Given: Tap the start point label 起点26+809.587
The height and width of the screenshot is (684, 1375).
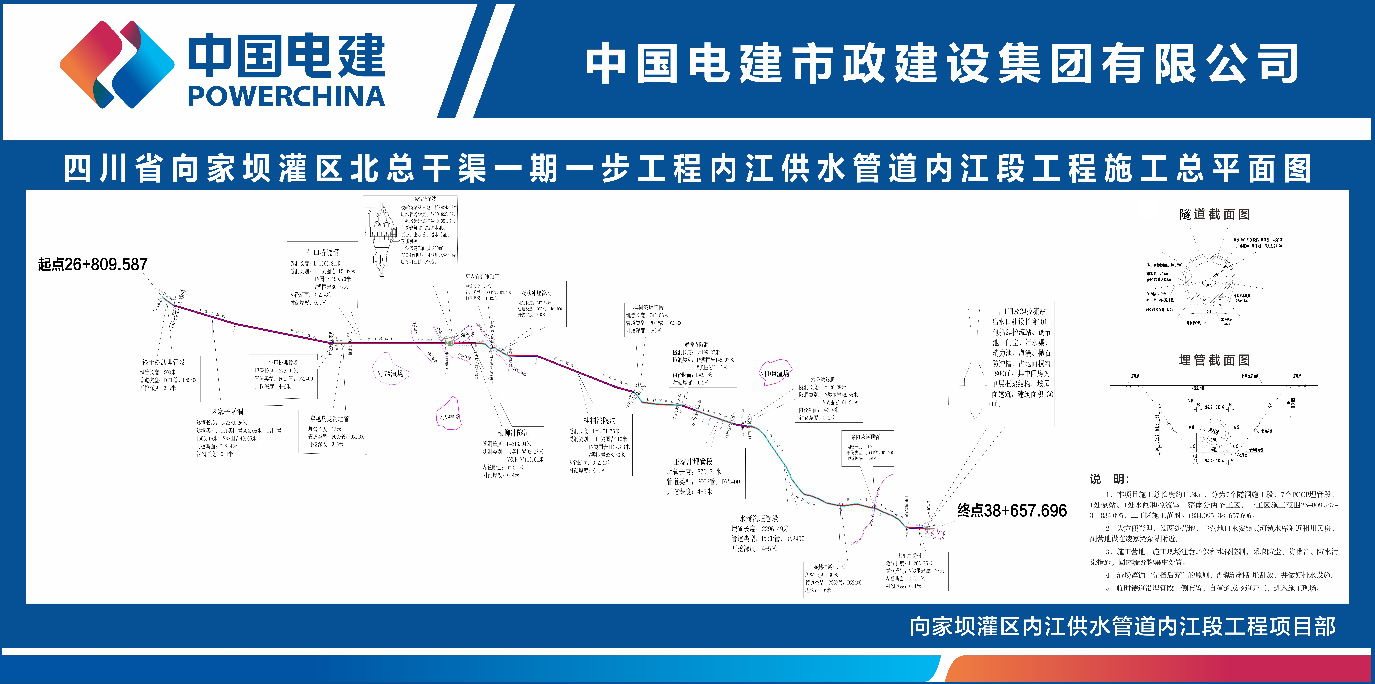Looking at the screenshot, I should [x=92, y=264].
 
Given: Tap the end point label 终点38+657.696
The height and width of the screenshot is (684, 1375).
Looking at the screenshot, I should [x=1011, y=511].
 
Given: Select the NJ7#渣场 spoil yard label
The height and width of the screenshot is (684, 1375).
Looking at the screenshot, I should [x=390, y=373].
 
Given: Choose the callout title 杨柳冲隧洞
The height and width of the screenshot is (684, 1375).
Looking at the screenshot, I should [x=513, y=433].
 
